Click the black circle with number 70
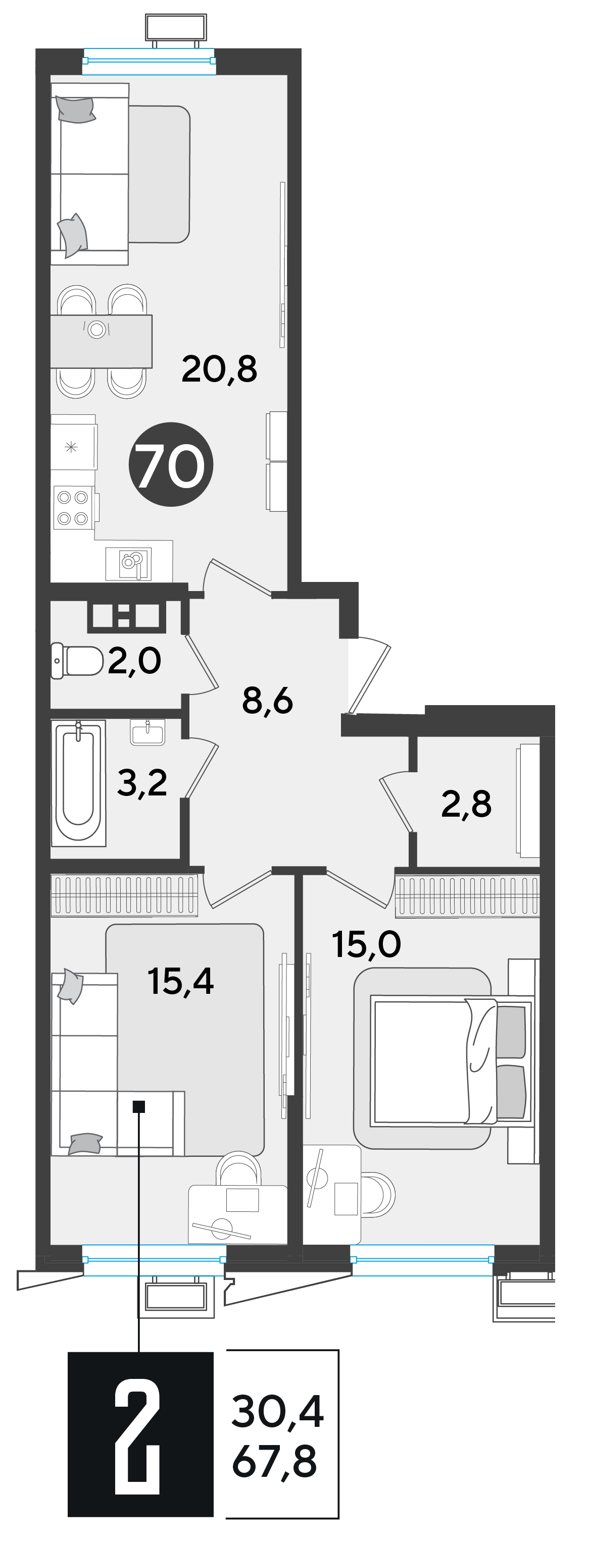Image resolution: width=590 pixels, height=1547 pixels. (171, 464)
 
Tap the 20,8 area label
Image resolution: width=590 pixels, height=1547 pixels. (219, 369)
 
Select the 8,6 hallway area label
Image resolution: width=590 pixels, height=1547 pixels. (267, 700)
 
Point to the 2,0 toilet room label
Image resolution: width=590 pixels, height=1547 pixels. (134, 660)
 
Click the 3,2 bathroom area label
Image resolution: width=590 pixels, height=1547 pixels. (142, 782)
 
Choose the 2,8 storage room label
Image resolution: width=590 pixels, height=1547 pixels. (466, 804)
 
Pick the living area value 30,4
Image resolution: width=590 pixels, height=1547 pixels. (278, 1411)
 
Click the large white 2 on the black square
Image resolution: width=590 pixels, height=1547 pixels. (137, 1436)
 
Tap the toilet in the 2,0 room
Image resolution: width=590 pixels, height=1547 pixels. (77, 661)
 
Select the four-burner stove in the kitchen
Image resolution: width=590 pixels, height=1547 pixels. (73, 507)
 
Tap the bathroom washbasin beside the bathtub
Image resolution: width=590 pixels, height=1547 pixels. (147, 733)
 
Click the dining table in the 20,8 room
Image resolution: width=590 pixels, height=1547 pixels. (101, 341)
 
